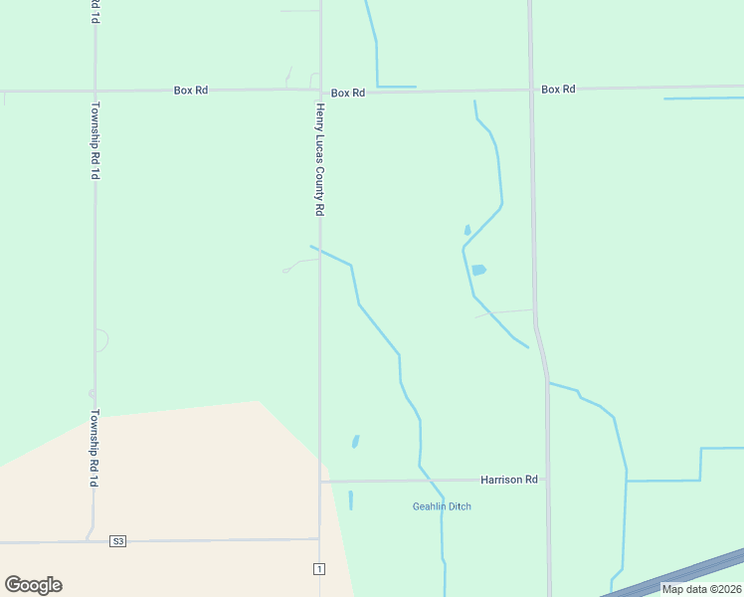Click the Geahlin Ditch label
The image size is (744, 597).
point(442,506)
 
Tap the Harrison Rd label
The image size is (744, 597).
point(508,480)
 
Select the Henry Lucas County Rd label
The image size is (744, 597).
point(320,159)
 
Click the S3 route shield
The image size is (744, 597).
point(118,541)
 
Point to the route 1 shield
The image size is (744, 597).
point(318,568)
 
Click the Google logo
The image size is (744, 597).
point(33,585)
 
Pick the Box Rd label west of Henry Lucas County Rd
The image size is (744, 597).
point(190,90)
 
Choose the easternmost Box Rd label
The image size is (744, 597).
point(558,90)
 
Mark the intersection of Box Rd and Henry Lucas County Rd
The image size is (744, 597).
point(320,91)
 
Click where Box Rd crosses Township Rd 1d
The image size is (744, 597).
point(94,91)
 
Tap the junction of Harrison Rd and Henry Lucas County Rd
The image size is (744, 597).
point(320,482)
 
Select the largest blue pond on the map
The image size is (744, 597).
point(478,270)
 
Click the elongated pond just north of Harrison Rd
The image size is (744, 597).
point(355,441)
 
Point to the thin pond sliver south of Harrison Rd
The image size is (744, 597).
point(350,499)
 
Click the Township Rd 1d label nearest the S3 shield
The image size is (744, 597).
point(94,448)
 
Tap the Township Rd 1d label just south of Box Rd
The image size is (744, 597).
point(94,139)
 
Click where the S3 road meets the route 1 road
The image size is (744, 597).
point(319,539)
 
